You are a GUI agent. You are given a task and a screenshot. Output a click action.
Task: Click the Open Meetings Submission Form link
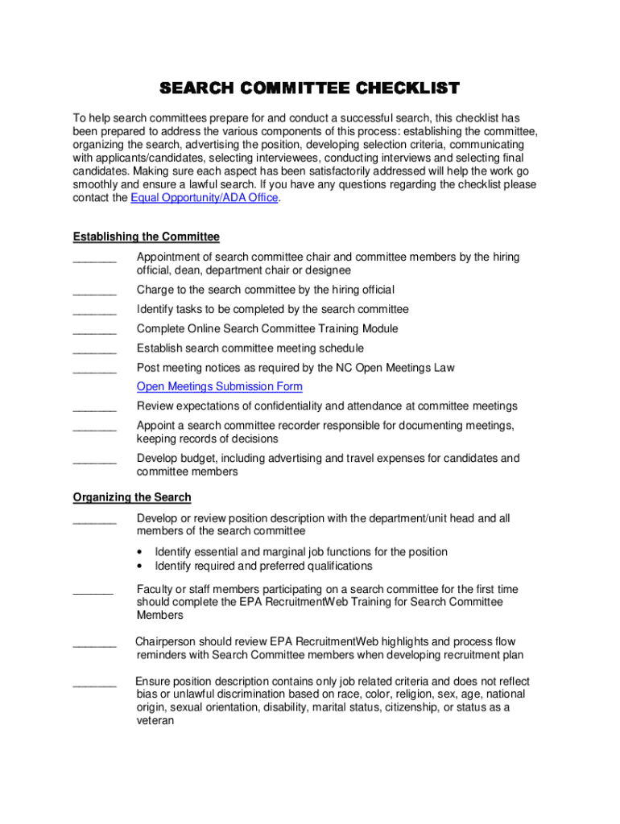(220, 387)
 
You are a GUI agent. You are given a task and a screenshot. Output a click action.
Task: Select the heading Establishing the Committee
(146, 237)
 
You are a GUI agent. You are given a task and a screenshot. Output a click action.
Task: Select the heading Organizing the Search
(132, 497)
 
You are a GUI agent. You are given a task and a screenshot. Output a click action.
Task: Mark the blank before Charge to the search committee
(94, 291)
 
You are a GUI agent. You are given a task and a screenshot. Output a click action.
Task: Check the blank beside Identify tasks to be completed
(94, 311)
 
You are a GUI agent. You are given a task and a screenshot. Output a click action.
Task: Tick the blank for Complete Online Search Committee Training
(94, 330)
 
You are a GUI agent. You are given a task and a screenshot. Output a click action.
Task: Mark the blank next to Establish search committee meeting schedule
(94, 349)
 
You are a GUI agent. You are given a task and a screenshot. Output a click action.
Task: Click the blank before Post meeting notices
(94, 369)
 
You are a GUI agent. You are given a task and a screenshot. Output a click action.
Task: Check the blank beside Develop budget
(94, 459)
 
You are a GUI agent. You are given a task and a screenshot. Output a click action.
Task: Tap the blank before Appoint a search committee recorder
(94, 426)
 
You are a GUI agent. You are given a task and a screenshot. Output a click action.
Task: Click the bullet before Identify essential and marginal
(141, 553)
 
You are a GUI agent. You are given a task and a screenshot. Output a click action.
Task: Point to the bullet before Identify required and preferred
(141, 566)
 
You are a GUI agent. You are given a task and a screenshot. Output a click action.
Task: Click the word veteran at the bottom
(155, 722)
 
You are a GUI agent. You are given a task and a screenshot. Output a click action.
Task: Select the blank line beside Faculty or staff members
(93, 591)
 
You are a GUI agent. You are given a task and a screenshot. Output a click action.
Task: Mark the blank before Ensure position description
(94, 682)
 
